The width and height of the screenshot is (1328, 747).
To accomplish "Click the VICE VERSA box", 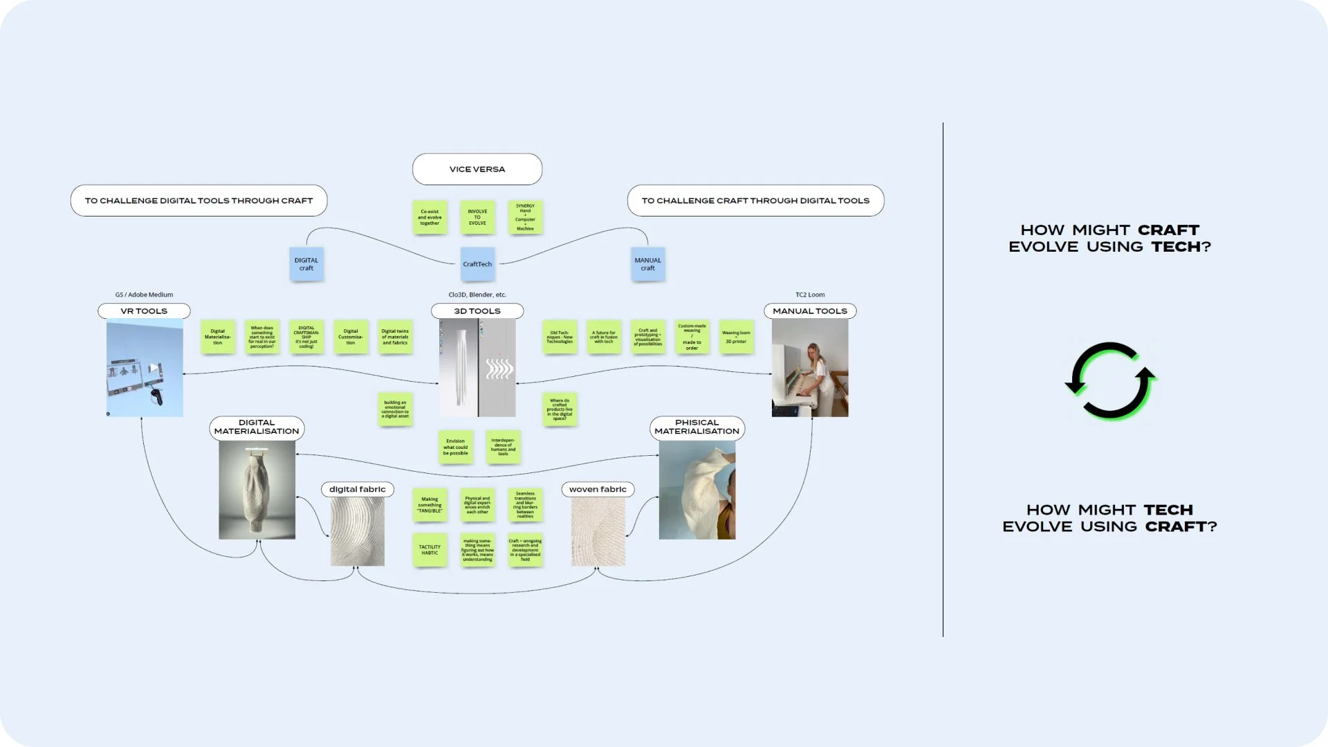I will point(477,169).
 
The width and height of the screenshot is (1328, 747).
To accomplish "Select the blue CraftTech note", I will point(477,264).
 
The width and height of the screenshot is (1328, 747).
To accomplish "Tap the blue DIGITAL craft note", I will point(306,264).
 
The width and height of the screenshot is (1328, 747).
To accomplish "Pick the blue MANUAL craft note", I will point(647,264).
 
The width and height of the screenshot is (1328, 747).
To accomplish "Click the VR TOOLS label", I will point(144,311).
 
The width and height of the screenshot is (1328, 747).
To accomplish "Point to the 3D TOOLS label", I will point(477,311).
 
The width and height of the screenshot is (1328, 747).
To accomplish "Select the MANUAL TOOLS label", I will point(810,311).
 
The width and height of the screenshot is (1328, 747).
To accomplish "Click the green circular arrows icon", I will point(1110,381).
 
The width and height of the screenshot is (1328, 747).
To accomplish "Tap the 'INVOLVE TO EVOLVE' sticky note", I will point(477,217).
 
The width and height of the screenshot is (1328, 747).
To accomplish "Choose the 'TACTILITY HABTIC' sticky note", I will point(430,550).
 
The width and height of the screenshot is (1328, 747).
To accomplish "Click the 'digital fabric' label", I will point(358,490).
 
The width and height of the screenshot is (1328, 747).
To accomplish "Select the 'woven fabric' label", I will point(598,490).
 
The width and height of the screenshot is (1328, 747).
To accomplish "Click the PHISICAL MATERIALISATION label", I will point(697,427).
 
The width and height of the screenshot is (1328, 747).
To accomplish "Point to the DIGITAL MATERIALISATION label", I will point(257,427).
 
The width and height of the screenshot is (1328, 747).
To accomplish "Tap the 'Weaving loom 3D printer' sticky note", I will point(736,337).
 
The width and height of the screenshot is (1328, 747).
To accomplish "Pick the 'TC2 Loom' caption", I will point(810,295).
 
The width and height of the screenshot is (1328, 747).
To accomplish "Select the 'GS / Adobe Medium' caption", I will point(144,295).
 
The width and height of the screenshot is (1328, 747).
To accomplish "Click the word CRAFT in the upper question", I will point(1168,230).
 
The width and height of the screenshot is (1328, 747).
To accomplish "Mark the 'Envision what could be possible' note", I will point(455,447).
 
